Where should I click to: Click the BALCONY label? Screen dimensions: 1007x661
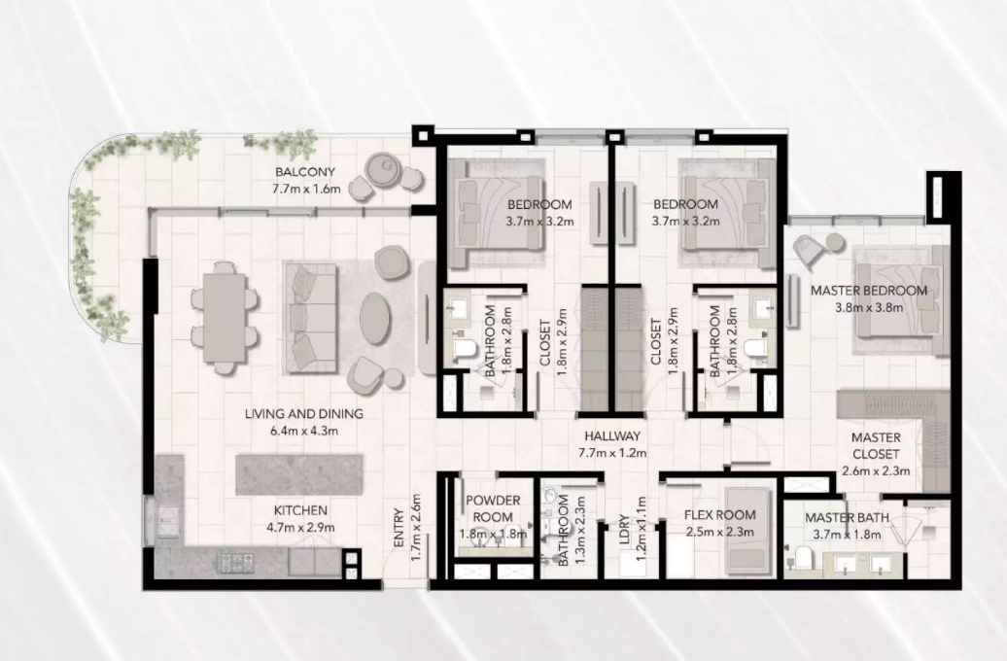[305, 172]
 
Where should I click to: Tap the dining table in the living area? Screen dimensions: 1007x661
[225, 318]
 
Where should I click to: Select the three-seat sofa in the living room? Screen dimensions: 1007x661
[311, 317]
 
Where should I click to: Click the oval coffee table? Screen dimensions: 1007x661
[375, 319]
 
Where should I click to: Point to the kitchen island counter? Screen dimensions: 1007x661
[299, 474]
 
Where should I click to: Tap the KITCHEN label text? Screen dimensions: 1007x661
[300, 510]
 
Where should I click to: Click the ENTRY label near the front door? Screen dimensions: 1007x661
[399, 528]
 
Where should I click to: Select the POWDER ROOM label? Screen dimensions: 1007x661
[493, 508]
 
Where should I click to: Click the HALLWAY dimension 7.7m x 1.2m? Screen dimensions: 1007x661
[612, 452]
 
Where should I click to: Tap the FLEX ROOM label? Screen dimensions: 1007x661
[720, 515]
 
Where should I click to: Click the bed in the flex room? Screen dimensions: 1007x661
[748, 532]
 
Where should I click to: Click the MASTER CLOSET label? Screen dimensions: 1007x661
[876, 445]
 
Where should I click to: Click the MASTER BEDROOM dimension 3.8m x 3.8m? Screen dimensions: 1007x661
[869, 308]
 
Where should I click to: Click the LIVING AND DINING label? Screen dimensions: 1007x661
[304, 414]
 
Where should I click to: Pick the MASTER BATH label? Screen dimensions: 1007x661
[847, 518]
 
